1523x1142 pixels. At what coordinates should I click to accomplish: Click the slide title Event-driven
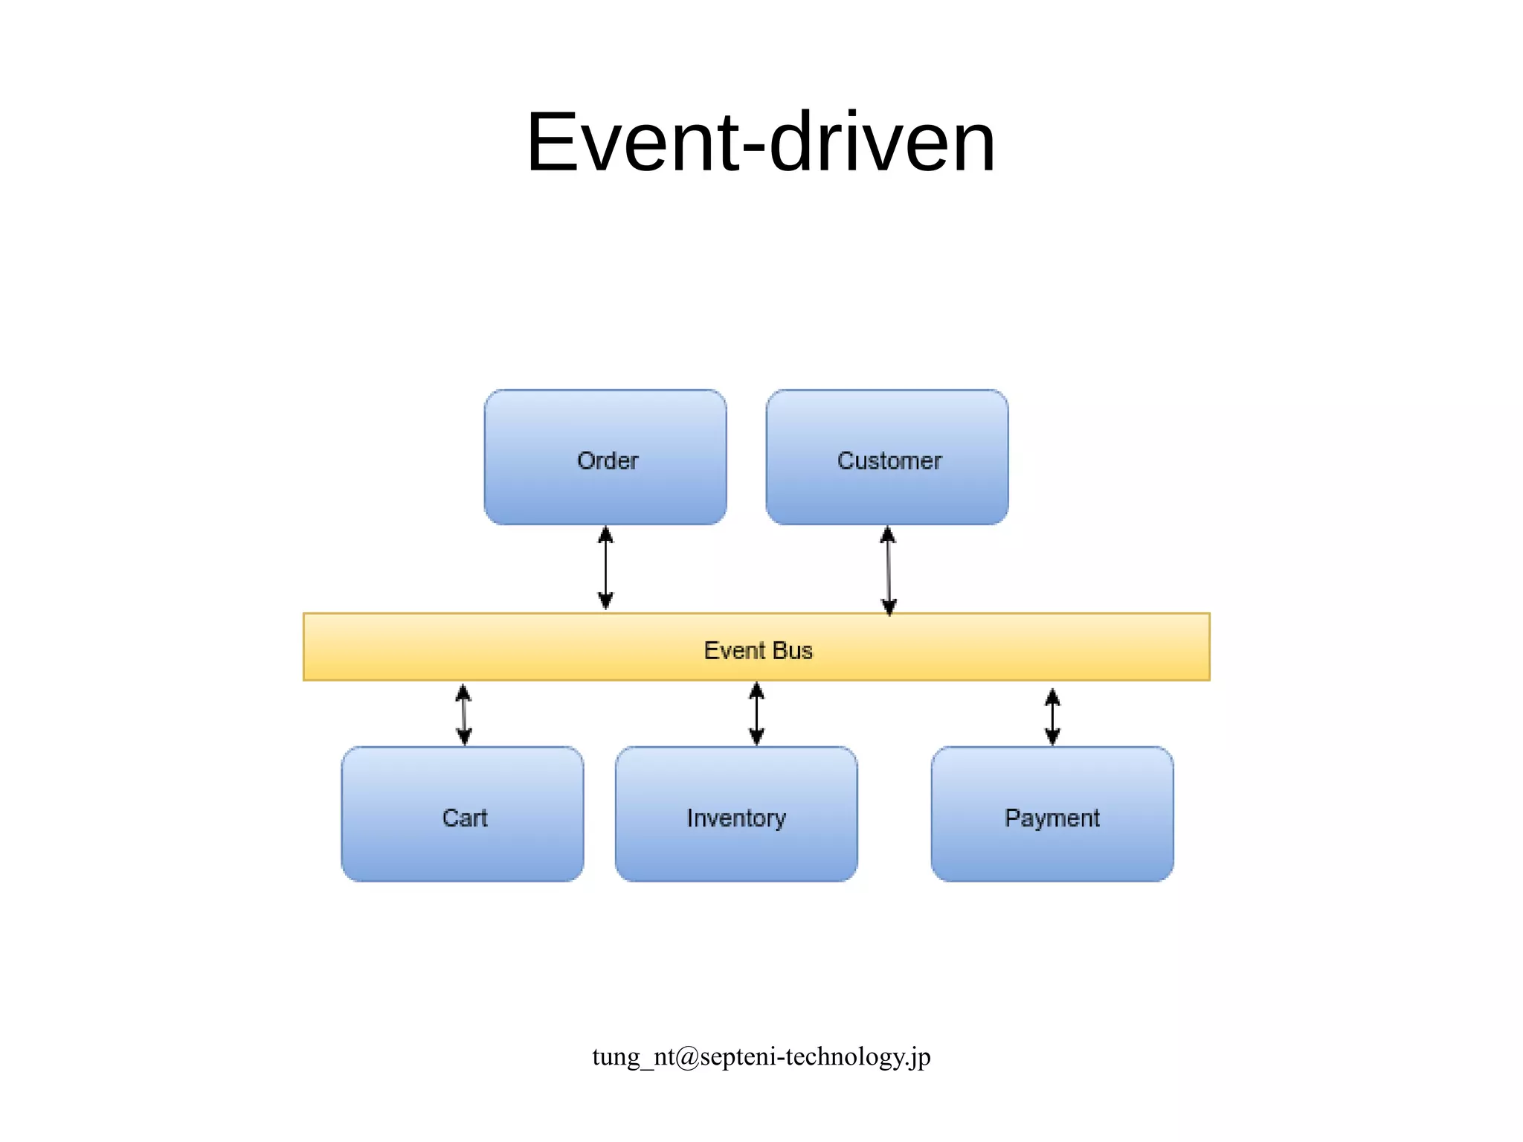click(760, 142)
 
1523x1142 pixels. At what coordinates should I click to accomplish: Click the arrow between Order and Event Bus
click(605, 568)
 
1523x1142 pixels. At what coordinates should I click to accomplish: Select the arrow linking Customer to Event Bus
click(888, 570)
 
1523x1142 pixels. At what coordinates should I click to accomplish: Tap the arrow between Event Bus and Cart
click(463, 714)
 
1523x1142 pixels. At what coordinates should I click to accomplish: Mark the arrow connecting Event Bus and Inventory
click(756, 713)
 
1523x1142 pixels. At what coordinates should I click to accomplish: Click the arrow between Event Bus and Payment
click(1052, 716)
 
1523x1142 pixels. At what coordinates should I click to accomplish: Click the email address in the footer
click(761, 1056)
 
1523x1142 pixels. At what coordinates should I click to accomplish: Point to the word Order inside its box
click(608, 461)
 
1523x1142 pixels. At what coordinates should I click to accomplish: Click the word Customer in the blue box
click(889, 461)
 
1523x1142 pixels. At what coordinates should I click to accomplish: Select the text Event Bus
click(758, 650)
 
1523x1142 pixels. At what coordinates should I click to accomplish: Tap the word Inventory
click(736, 818)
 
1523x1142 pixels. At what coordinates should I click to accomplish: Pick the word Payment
click(1052, 818)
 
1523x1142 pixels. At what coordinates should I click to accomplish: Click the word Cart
click(465, 818)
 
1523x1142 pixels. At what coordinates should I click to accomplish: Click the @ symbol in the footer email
click(688, 1057)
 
